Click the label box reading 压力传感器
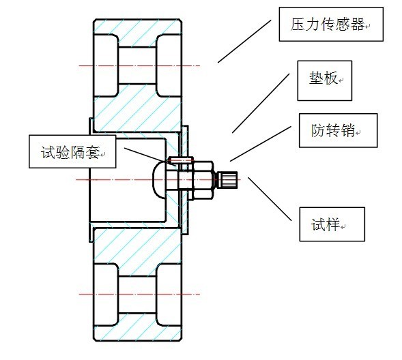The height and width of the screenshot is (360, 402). click(330, 25)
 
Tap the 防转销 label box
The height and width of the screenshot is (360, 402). click(338, 130)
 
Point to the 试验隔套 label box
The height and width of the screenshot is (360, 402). click(72, 151)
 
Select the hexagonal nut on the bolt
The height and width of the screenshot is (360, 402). click(199, 180)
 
